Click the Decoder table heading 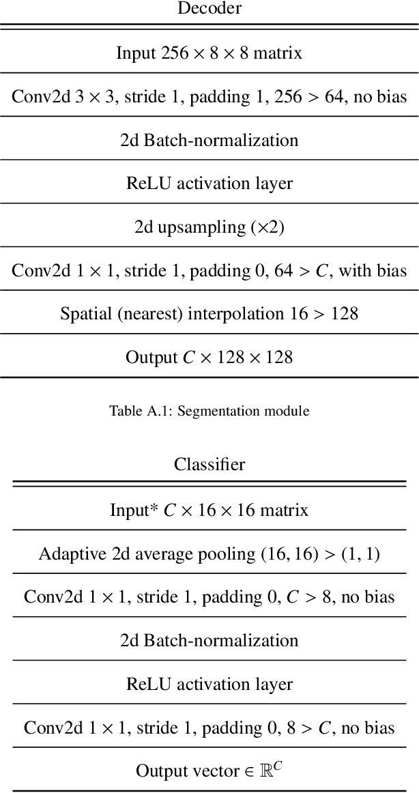(x=209, y=8)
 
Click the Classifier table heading (x=209, y=465)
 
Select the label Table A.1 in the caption (x=135, y=411)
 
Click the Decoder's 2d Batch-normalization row (x=209, y=140)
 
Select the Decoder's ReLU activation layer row (x=209, y=184)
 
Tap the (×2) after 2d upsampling (x=267, y=227)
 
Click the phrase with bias (x=373, y=271)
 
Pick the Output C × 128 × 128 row (x=209, y=358)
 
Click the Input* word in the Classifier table (x=134, y=510)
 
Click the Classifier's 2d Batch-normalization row (x=209, y=641)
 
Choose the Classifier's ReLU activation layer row (x=209, y=684)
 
